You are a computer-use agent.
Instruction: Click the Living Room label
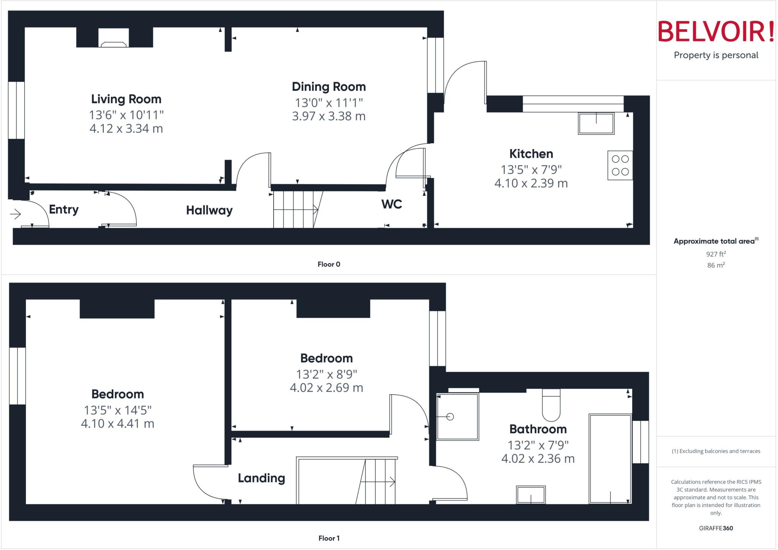coord(126,99)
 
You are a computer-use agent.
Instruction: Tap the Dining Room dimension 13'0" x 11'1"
coord(329,103)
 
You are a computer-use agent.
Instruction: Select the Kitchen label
coord(531,154)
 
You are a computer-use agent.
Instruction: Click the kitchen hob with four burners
coord(620,165)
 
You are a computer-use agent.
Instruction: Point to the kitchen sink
coord(596,123)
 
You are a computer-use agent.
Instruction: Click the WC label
coord(392,204)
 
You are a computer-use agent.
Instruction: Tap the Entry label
coord(64,209)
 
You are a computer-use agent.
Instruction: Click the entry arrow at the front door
coord(16,214)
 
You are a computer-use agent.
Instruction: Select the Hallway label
coord(209,210)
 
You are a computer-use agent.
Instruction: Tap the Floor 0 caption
coord(329,264)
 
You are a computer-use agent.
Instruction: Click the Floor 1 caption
coord(329,538)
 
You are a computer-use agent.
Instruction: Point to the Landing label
coord(261,478)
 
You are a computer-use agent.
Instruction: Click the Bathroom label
coord(538,429)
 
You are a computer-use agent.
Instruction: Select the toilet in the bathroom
coord(551,406)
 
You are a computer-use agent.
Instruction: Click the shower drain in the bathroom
coord(450,417)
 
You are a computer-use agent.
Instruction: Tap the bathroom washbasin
coord(531,495)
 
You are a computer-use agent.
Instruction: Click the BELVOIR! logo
coord(716,32)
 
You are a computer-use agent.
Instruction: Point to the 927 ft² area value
coord(716,254)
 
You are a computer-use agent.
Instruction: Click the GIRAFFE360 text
coord(716,528)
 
